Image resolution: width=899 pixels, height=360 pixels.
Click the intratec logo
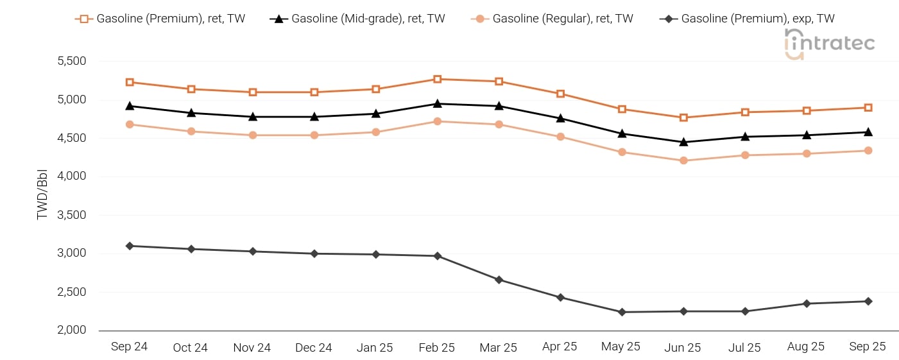coord(829,44)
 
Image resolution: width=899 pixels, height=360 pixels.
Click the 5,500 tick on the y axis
coord(72,62)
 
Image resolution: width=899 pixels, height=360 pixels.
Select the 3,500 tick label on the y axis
coord(72,215)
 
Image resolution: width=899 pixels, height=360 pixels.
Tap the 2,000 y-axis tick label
coord(72,330)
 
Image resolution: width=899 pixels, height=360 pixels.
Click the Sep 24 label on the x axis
coord(129,347)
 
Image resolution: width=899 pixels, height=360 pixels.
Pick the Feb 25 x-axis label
coord(436,347)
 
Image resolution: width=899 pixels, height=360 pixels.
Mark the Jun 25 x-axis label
coord(683,347)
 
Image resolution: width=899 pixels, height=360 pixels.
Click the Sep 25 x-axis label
coord(868,347)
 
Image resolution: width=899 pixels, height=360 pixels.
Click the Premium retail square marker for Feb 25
coord(437,79)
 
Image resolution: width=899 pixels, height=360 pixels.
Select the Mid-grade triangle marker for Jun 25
coord(683,142)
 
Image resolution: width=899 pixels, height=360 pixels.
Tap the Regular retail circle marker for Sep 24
coord(130,124)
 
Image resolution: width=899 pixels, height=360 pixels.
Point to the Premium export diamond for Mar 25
coord(499,280)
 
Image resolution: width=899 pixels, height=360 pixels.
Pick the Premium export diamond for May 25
coord(622,312)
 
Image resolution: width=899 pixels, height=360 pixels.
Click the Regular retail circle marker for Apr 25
coord(560,137)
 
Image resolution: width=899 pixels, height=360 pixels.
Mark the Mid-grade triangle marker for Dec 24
coord(314,117)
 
